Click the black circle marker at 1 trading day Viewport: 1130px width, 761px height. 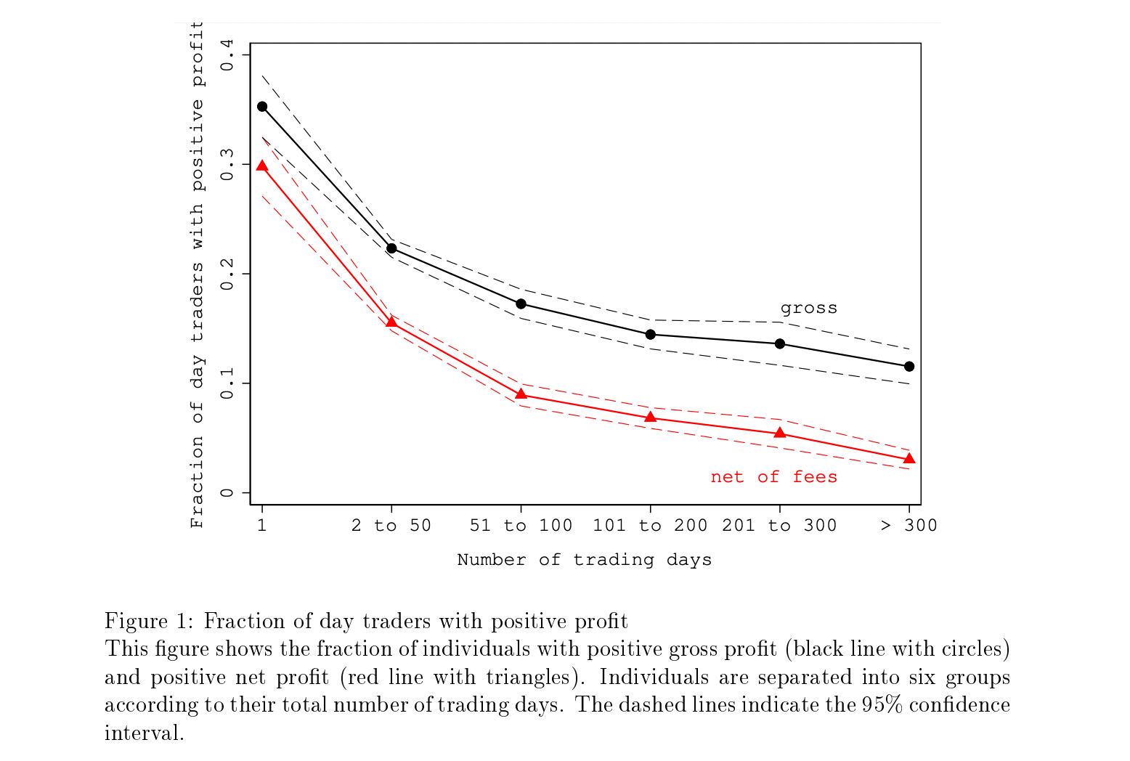click(x=262, y=107)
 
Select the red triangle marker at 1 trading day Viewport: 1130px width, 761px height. click(x=262, y=166)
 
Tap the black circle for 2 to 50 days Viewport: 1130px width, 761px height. click(x=391, y=248)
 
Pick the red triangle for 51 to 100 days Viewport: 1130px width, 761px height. click(x=521, y=394)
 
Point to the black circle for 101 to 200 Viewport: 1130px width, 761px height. click(x=650, y=335)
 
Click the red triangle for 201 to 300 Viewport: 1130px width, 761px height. click(x=780, y=434)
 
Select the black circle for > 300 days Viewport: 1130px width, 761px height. click(x=909, y=367)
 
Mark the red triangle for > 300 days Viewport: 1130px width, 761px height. click(x=909, y=459)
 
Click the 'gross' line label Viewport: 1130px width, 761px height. click(x=808, y=308)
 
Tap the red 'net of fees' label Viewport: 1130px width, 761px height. click(x=773, y=477)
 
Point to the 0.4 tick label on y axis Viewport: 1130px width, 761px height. click(x=227, y=55)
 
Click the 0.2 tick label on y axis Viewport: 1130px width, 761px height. click(x=227, y=274)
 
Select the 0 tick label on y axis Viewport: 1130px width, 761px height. click(x=227, y=493)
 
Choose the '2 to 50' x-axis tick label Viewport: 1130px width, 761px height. click(x=391, y=526)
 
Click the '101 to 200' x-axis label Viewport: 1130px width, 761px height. click(x=650, y=526)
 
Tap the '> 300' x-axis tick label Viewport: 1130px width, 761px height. click(x=909, y=526)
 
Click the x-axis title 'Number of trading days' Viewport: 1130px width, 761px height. click(x=584, y=560)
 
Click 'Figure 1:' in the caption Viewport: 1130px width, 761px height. click(x=150, y=622)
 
